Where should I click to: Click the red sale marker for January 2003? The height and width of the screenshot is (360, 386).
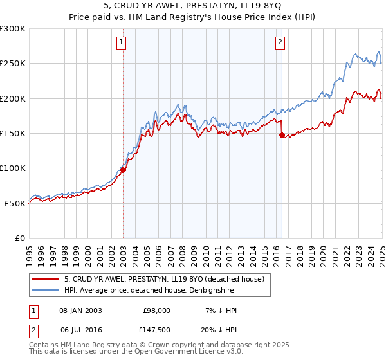point(123,170)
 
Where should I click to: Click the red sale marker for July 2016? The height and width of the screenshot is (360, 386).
point(282,136)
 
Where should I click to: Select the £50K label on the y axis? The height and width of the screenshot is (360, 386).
point(15,203)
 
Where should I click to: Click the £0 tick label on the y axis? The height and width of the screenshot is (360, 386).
point(20,238)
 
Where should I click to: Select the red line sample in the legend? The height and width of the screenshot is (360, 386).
point(46,279)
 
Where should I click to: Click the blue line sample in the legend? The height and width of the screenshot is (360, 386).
point(46,291)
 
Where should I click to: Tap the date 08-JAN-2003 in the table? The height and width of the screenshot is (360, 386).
point(80,310)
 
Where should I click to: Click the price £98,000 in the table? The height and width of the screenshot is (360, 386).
point(156,310)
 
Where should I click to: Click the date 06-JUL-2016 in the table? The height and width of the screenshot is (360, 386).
point(80,330)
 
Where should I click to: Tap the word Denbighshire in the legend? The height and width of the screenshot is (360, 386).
point(239,291)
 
